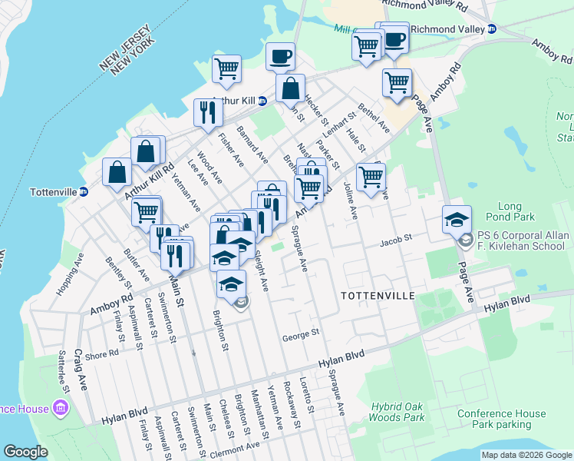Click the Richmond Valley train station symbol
point(492,29)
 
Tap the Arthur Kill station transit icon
point(262,101)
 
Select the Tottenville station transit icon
point(84,191)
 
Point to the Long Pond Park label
point(520,212)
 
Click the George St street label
point(300,335)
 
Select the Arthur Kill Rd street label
point(149,181)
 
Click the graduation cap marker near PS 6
point(457,220)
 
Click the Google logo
point(25,452)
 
